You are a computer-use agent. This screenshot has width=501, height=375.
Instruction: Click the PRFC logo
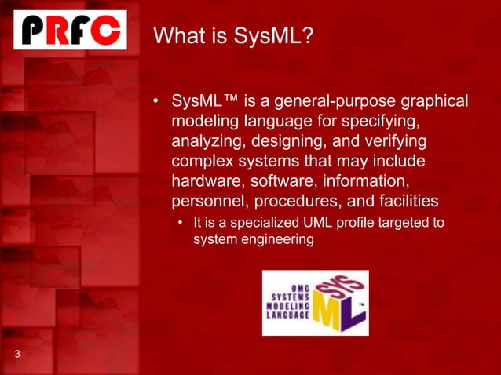70,30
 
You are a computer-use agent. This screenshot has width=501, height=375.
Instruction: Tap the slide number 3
16,355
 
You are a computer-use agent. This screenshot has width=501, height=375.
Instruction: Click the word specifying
381,122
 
